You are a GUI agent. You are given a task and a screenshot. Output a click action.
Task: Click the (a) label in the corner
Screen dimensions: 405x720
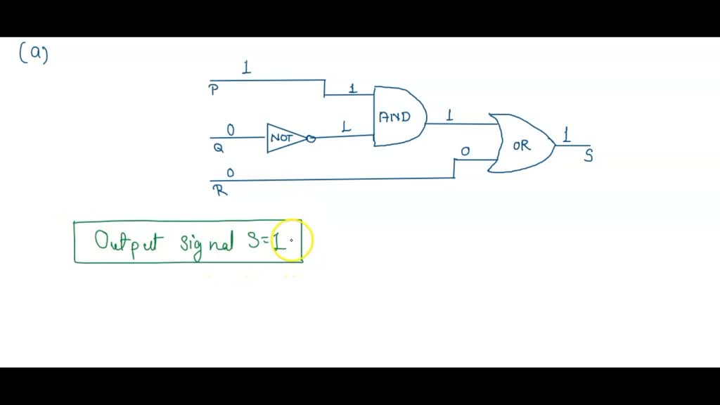click(x=33, y=53)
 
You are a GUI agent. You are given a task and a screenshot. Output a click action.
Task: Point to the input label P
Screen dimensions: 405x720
click(x=213, y=90)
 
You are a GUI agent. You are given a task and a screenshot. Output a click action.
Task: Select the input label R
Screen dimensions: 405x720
click(x=220, y=189)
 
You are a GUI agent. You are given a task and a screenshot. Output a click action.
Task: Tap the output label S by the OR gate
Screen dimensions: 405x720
click(x=589, y=156)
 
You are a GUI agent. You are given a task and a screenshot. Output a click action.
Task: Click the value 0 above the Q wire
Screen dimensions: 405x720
click(x=231, y=130)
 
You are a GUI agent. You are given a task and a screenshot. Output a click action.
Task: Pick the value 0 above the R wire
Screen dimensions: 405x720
click(x=231, y=173)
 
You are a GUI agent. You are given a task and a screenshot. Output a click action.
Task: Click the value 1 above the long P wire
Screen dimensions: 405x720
click(x=246, y=68)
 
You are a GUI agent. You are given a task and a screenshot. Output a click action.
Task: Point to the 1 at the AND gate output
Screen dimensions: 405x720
click(x=449, y=115)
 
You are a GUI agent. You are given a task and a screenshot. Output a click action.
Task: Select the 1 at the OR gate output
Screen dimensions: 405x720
click(x=566, y=134)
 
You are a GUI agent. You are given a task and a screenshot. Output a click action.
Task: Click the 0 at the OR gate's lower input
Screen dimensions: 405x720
click(x=465, y=151)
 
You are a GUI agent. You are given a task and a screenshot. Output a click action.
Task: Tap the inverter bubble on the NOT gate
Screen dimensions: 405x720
click(x=311, y=139)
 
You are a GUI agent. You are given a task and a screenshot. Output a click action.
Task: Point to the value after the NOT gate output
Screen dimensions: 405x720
click(x=345, y=127)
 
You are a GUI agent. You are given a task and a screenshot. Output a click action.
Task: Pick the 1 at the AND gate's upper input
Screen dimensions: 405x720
click(x=353, y=89)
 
